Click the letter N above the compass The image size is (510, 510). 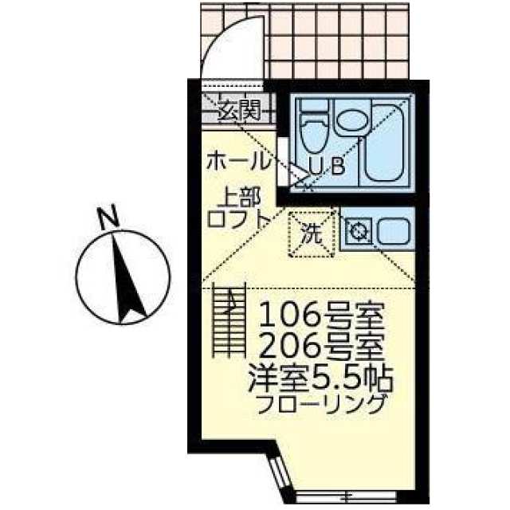(108, 217)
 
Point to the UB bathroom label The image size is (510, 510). (326, 167)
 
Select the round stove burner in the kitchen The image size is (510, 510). (359, 233)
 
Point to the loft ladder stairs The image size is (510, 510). (227, 323)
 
